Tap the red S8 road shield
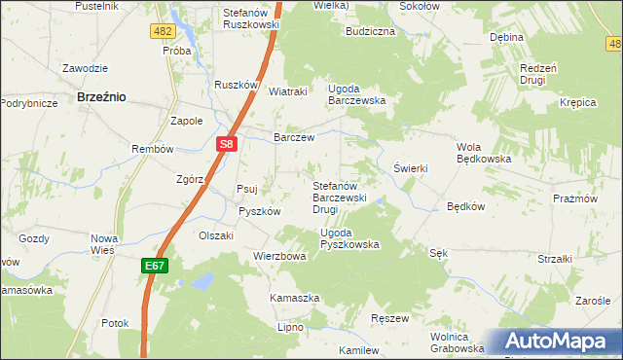(x=226, y=145)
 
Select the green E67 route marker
(x=157, y=265)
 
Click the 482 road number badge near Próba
(x=163, y=31)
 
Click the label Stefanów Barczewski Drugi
(x=338, y=197)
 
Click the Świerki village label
(x=411, y=168)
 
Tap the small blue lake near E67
(x=202, y=282)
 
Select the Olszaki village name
(x=216, y=235)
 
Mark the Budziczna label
(x=369, y=31)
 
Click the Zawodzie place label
(x=85, y=68)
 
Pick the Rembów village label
(x=152, y=149)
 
